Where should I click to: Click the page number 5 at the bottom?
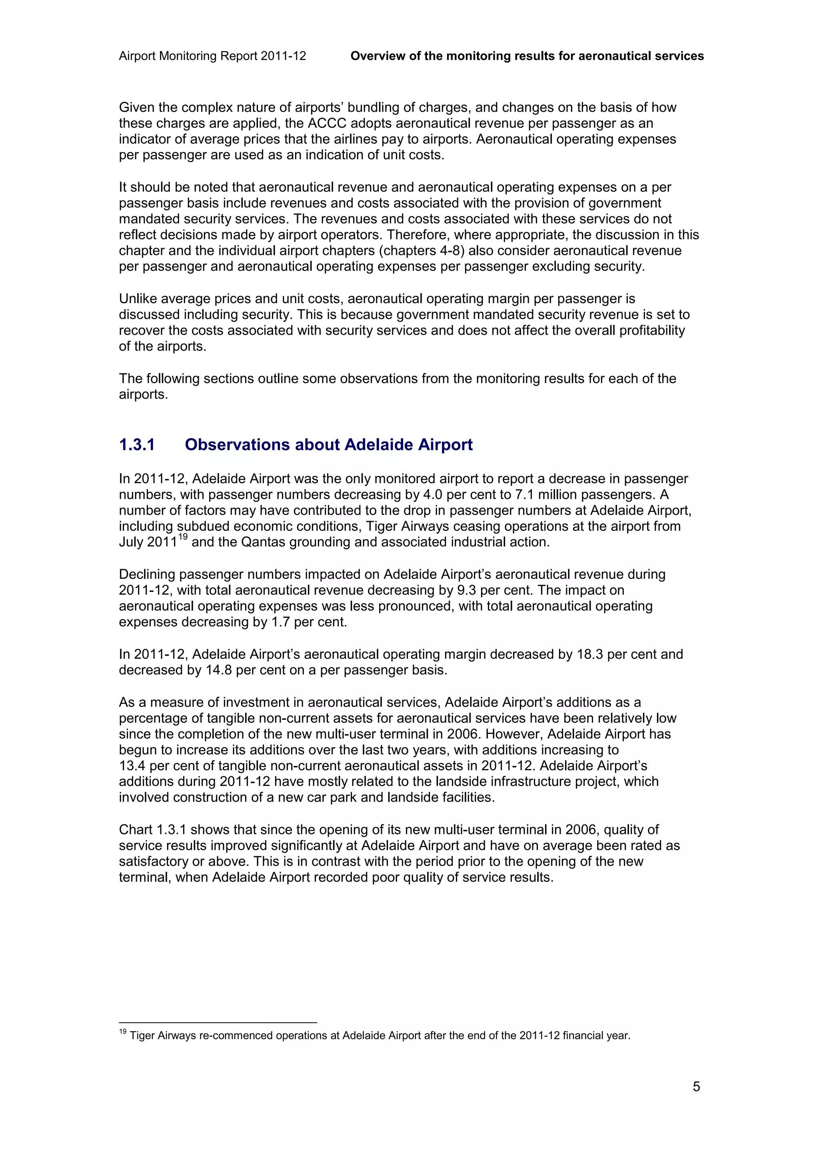point(696,1086)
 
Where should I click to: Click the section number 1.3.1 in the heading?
point(137,445)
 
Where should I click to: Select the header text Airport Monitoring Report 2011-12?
point(212,56)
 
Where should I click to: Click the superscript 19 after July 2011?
point(183,538)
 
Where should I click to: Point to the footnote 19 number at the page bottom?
point(123,1032)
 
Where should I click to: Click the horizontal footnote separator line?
point(218,1022)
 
